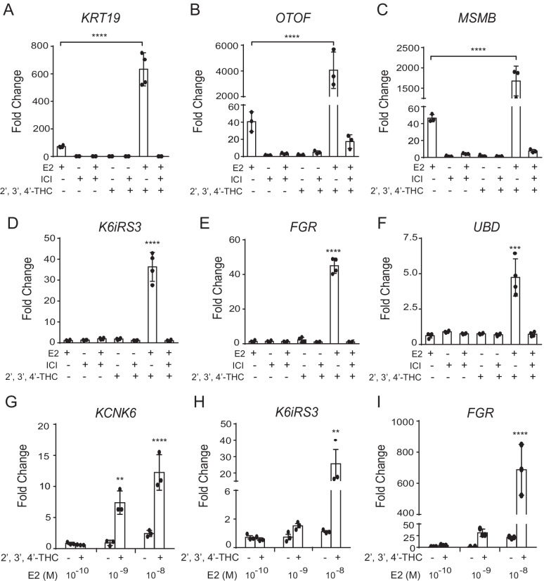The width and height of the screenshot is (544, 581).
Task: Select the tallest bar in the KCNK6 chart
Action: click(x=160, y=509)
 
